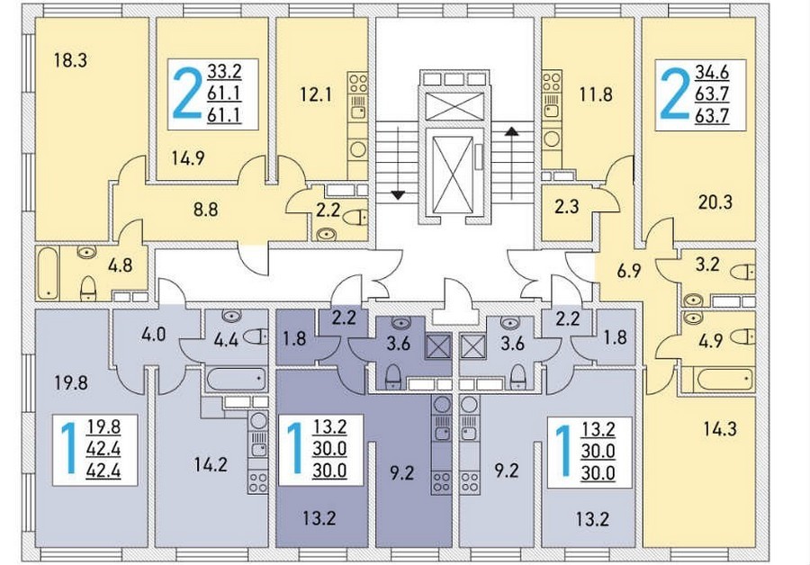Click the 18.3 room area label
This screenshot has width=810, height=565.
[x=70, y=60]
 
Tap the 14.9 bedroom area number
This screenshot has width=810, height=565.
[x=188, y=158]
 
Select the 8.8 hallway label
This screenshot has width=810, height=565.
[x=205, y=209]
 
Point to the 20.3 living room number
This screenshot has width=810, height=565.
[x=715, y=202]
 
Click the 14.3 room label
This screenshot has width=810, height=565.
[x=720, y=428]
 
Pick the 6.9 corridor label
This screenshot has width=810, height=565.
[x=629, y=271]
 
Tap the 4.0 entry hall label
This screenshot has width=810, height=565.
[x=153, y=334]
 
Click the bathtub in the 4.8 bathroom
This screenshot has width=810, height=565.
[x=49, y=273]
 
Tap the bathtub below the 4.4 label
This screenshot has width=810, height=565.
[x=237, y=380]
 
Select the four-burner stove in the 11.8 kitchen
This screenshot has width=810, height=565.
[x=551, y=82]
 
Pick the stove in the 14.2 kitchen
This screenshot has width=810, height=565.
[x=257, y=483]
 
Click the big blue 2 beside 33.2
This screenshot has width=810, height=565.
[x=186, y=94]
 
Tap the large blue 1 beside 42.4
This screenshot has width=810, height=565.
[x=68, y=449]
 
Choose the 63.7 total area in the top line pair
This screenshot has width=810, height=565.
[x=712, y=94]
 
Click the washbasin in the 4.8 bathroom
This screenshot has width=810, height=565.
[x=86, y=253]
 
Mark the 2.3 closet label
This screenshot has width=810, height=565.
[x=567, y=207]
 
